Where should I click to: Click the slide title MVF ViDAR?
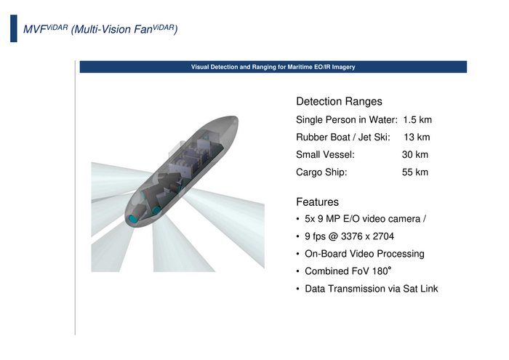(100, 29)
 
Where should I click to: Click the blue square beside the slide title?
(14, 28)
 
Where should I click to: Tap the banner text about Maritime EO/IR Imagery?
(273, 67)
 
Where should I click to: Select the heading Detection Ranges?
(339, 101)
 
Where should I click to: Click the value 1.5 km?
(417, 120)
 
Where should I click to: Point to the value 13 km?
(417, 137)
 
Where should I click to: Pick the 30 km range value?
(415, 154)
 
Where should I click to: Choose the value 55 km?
(415, 172)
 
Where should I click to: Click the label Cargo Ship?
(321, 172)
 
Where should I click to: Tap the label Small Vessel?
(325, 154)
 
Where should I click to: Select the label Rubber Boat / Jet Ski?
(343, 137)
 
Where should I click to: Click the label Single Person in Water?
(347, 120)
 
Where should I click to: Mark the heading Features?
(317, 202)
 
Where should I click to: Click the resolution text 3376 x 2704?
(367, 236)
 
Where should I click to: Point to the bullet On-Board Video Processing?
(364, 254)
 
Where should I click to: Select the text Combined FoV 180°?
(348, 271)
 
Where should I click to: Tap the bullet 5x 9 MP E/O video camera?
(365, 219)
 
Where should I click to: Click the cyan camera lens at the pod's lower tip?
(133, 219)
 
